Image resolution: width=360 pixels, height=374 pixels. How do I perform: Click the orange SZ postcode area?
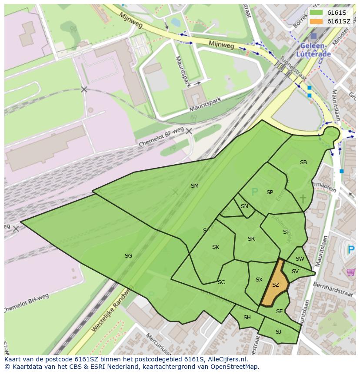pos(275,285)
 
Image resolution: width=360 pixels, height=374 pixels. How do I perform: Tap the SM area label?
pos(194,186)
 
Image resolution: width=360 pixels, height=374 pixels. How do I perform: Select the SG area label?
pos(128,256)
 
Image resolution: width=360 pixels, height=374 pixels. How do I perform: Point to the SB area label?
pos(303,162)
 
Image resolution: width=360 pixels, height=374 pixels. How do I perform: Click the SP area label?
pos(270,192)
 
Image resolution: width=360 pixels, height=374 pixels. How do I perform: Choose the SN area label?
pos(244,206)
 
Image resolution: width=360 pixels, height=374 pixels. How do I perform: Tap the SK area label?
pos(215,247)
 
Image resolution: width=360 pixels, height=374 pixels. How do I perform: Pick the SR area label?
pos(251,239)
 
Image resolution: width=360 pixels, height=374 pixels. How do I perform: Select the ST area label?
pos(286,232)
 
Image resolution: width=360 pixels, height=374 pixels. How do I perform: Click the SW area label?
pos(300,259)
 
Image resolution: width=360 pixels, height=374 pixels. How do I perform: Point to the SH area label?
pos(247,318)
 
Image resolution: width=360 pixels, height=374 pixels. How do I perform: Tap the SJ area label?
pos(278,332)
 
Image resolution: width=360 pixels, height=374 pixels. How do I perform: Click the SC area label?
pos(221,282)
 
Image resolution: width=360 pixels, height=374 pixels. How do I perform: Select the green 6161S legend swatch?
pos(316,12)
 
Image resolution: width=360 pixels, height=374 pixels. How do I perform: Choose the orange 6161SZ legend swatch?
pos(316,21)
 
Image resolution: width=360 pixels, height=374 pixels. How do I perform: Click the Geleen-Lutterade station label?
pos(313,50)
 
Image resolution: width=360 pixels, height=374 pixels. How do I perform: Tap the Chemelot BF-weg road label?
pos(161,137)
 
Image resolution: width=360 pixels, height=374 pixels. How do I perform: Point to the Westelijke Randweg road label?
pos(111,309)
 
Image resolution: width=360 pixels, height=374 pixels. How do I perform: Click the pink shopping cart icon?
pos(350,272)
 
